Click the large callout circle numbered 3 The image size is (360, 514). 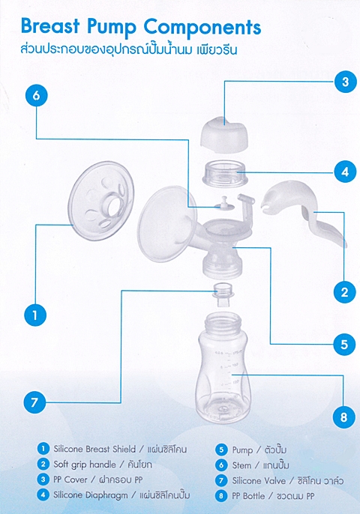[x=345, y=81]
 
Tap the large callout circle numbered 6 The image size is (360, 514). [x=37, y=95]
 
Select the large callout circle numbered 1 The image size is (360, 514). [x=35, y=315]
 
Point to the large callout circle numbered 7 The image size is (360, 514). [x=34, y=402]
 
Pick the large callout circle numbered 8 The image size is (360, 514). [x=344, y=417]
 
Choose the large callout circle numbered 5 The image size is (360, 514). [x=344, y=344]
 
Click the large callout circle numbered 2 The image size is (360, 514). [x=344, y=291]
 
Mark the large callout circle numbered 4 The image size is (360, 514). [x=345, y=172]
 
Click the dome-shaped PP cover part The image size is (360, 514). [x=224, y=135]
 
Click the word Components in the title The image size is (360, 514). [x=202, y=28]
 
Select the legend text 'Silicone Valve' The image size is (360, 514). [x=259, y=481]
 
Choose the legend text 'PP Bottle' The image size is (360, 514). [x=248, y=496]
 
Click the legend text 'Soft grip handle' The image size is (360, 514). [x=85, y=465]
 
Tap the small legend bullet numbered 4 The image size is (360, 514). [x=43, y=495]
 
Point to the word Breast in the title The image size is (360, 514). [x=50, y=26]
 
